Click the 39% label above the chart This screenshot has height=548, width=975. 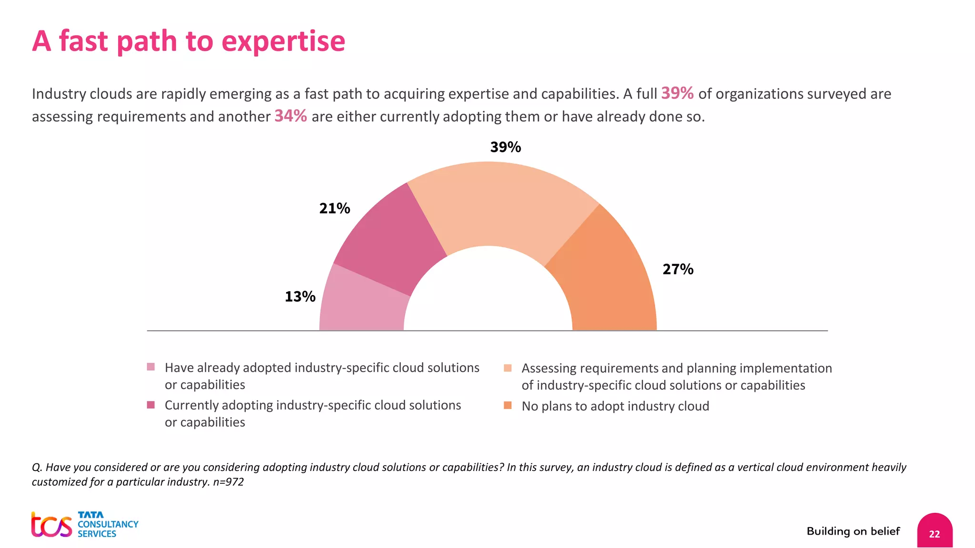coord(505,147)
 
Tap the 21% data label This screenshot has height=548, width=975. coord(334,208)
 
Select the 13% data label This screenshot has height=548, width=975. coord(300,297)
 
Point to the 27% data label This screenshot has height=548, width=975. coord(677,269)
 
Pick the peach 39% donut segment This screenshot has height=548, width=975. coord(500,205)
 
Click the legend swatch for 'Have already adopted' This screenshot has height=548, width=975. coord(151,367)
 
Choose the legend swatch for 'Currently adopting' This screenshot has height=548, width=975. coord(151,405)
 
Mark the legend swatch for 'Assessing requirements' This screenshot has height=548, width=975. coord(507,368)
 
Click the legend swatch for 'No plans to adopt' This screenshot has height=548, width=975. coord(507,405)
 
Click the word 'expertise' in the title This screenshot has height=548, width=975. coord(283,41)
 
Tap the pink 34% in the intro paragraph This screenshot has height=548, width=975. coord(290,116)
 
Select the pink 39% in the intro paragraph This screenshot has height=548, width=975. coord(677,93)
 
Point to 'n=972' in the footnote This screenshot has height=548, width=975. coord(229,482)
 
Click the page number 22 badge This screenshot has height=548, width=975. coord(934,533)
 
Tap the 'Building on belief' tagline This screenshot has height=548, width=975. coord(853,531)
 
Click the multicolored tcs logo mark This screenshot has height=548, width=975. coord(51,525)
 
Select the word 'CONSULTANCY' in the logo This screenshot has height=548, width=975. coord(108,524)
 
